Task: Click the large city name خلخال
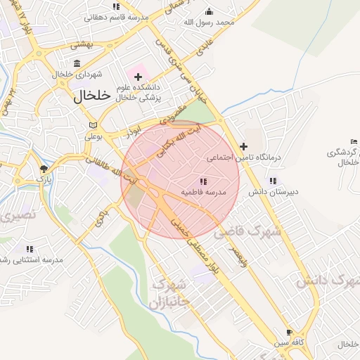[x=92, y=96]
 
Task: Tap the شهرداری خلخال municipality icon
[x=77, y=64]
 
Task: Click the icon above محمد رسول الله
[x=208, y=11]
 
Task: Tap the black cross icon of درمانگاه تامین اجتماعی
[x=243, y=146]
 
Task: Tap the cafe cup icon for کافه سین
[x=288, y=332]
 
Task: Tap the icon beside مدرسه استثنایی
[x=30, y=249]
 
